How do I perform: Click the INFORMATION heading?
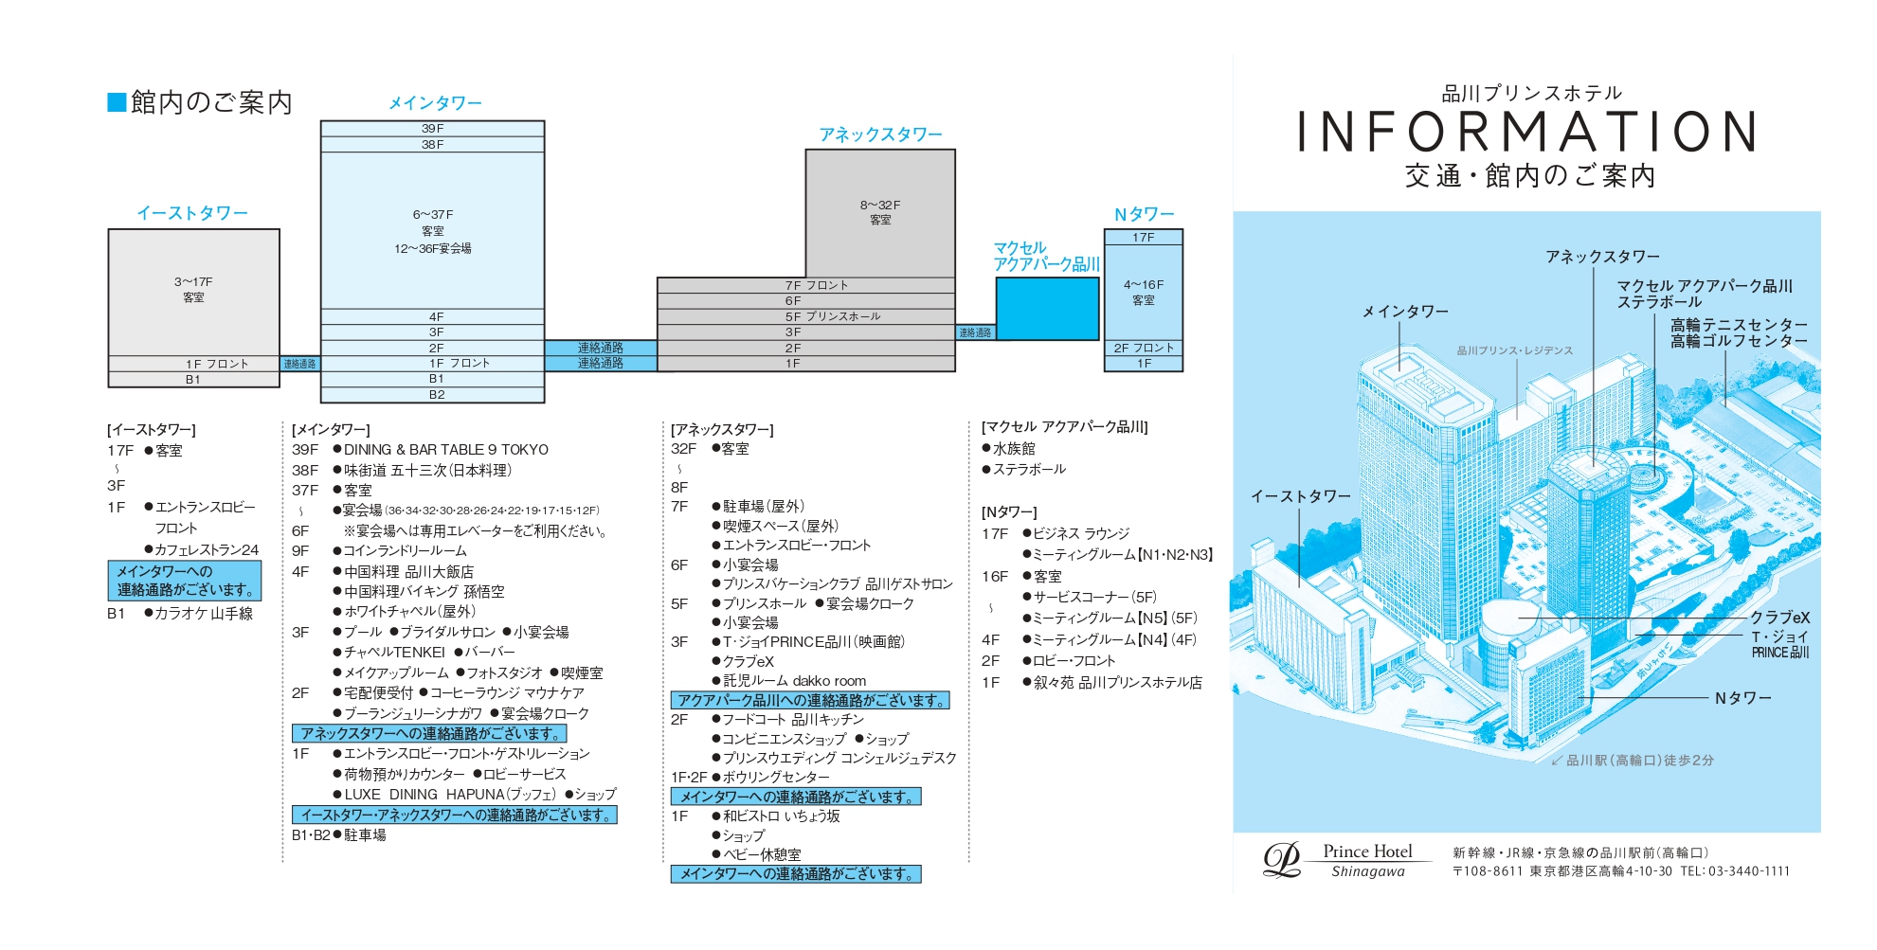(1526, 132)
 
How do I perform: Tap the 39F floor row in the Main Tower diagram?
(432, 128)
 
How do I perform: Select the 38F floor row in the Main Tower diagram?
(432, 144)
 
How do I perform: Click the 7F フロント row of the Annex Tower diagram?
(806, 285)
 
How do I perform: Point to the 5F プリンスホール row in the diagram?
(806, 316)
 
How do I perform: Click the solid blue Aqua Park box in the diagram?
(1047, 308)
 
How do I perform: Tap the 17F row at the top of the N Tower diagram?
(1144, 237)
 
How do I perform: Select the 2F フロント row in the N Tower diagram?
(1144, 348)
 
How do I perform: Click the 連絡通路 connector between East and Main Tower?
(299, 364)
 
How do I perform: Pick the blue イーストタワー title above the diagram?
(192, 213)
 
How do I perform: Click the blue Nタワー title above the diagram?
(1144, 214)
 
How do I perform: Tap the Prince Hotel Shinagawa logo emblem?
(1282, 860)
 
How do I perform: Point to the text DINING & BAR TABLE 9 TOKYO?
(446, 450)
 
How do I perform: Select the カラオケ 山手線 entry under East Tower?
(204, 614)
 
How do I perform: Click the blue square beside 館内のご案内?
(117, 102)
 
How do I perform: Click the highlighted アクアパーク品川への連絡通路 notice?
(810, 701)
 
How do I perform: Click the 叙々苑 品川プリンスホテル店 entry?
(1118, 683)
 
